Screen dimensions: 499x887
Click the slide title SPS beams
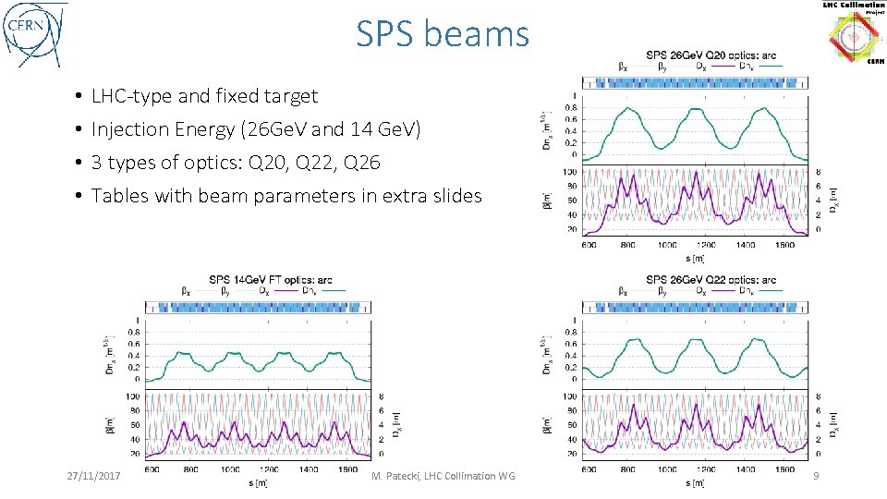tap(443, 35)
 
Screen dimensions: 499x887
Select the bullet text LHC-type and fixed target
tap(204, 96)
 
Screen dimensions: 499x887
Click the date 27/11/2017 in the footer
tap(95, 475)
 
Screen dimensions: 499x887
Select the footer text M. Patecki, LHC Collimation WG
tap(443, 475)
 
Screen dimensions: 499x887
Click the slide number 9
tap(814, 475)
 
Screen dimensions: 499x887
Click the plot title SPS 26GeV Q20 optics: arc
tap(711, 55)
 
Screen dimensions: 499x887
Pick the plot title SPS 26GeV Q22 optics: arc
tap(711, 280)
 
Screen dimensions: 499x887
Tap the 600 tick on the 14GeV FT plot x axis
tap(152, 469)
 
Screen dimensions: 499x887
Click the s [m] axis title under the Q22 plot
tap(693, 482)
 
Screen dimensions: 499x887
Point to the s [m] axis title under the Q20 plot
tap(693, 257)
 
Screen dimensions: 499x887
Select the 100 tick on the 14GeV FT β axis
tap(135, 396)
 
